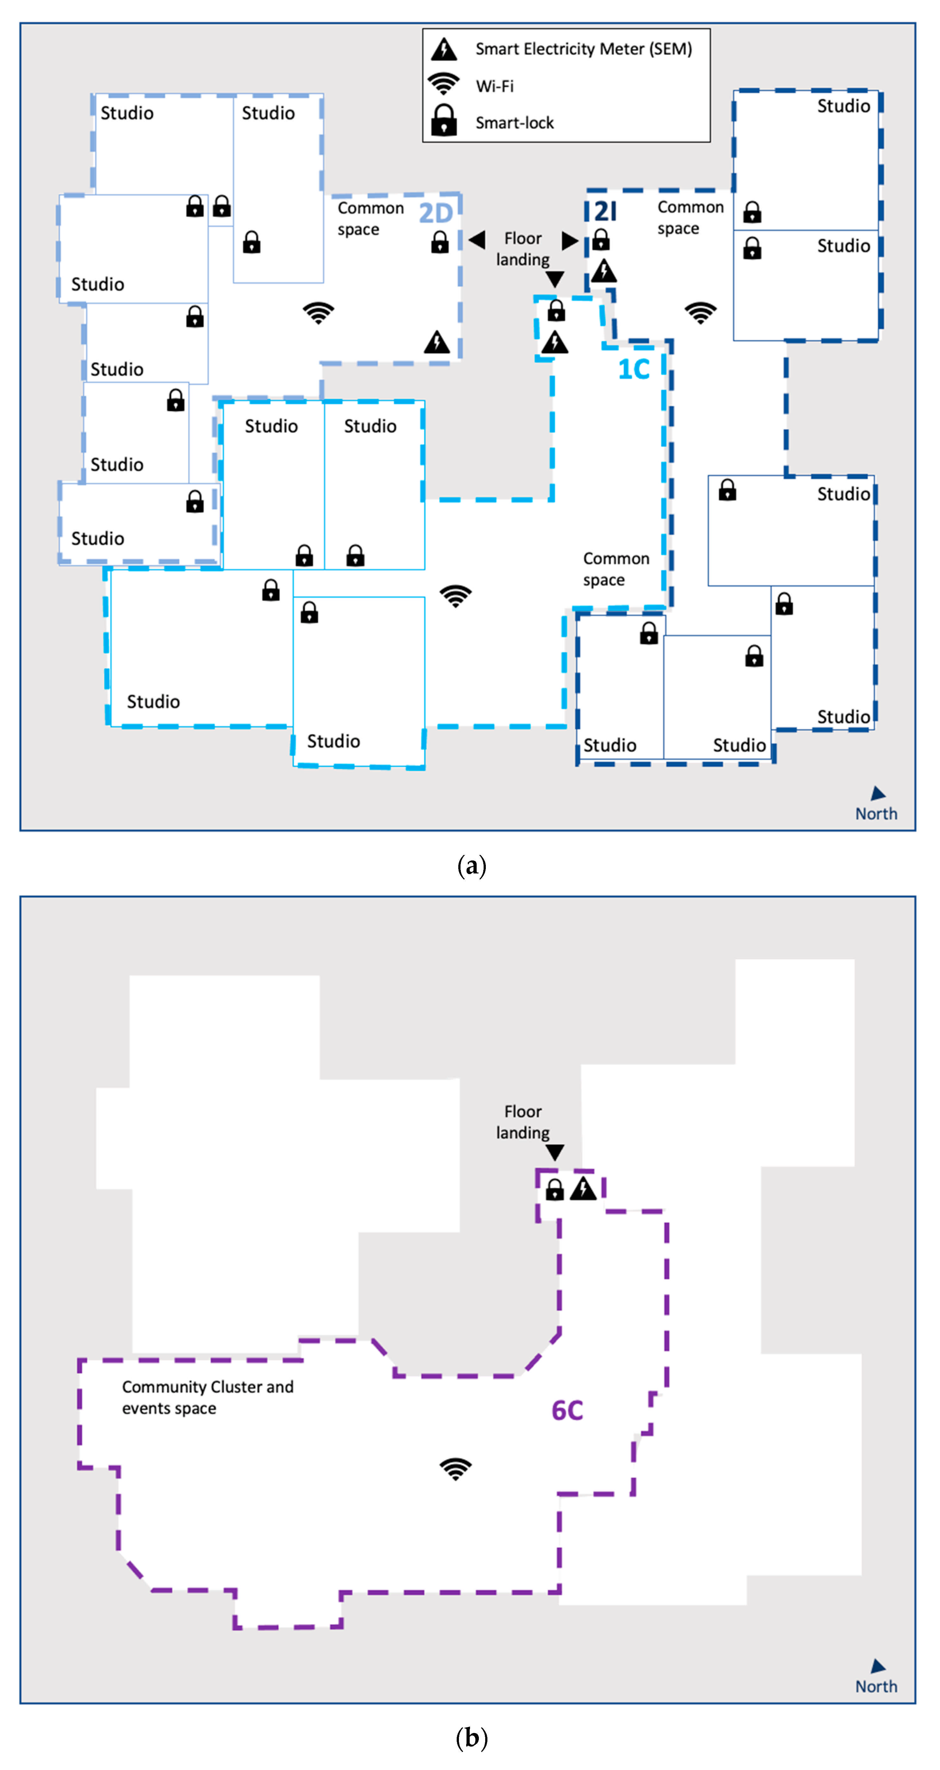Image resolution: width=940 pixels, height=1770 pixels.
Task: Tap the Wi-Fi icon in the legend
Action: [444, 85]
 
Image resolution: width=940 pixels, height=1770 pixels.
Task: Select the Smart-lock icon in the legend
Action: [444, 121]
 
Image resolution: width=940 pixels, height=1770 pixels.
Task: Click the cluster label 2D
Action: [436, 214]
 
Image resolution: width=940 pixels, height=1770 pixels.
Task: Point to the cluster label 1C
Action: [634, 370]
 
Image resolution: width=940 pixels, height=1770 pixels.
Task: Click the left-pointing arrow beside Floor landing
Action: [477, 240]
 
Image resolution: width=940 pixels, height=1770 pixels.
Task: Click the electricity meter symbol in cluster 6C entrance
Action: [583, 1188]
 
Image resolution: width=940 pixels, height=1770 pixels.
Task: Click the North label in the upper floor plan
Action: [876, 814]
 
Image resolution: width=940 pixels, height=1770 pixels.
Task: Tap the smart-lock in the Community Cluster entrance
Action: [555, 1189]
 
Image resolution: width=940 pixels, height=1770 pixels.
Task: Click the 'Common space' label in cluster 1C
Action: [616, 569]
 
